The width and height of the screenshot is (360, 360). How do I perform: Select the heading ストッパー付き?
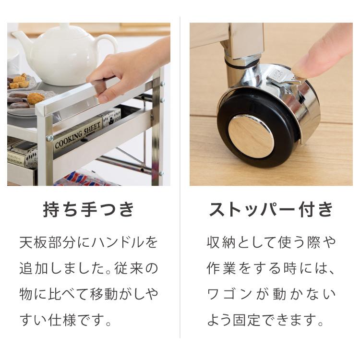tap(271, 210)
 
